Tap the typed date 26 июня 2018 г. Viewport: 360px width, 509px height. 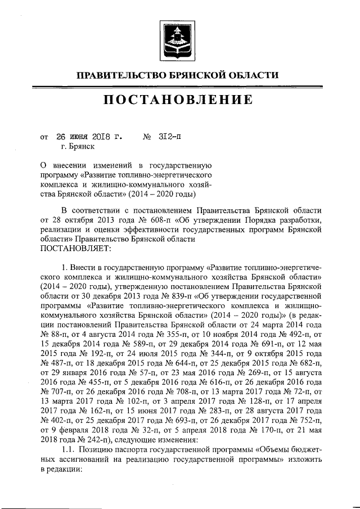[x=87, y=137]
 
